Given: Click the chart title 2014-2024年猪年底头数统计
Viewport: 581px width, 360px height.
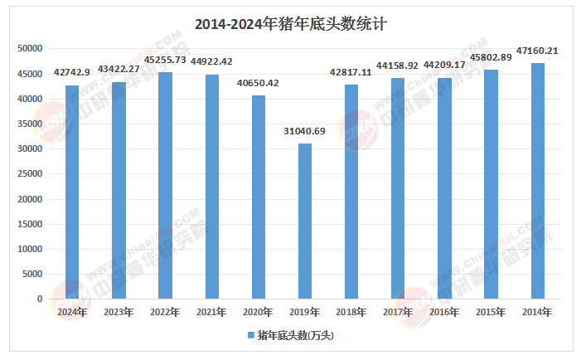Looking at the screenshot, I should pos(291,24).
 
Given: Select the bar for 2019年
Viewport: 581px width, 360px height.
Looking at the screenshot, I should pos(305,221).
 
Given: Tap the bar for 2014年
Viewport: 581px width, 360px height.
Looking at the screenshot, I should pos(538,181).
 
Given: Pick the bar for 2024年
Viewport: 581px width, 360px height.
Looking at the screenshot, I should pos(72,192).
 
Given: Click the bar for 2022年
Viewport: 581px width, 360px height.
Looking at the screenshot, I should pos(165,186).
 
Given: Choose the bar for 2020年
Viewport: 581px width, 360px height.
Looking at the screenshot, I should pos(259,197).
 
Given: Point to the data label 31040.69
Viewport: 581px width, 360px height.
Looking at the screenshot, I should pos(305,131).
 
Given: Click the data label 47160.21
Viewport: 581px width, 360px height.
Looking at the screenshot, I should pos(537,51).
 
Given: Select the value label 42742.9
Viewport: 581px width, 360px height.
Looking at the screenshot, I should pos(72,73).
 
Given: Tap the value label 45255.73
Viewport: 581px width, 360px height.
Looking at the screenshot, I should pos(165,60).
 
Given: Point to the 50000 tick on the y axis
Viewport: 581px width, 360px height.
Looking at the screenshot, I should pos(30,49).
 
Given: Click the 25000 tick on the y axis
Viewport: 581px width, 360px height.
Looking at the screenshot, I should pos(30,174).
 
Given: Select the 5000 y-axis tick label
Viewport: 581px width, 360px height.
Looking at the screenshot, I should pos(33,274).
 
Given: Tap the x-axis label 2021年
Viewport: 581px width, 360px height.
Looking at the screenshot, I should pos(211,312).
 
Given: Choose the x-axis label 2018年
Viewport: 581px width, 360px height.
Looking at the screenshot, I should pos(351,312).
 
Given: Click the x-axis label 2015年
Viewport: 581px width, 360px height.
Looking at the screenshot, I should pos(491,312).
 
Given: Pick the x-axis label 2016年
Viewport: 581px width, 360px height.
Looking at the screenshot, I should pos(444,312).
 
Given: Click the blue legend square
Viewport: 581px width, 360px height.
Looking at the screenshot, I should pos(250,336).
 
